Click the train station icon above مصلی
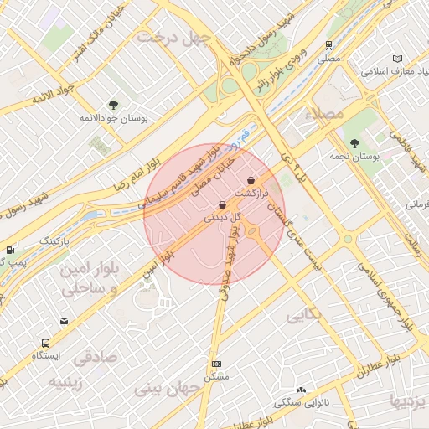click(329, 46)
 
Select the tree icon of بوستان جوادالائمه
click(113, 106)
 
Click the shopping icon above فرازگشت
click(251, 181)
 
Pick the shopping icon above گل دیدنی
click(221, 204)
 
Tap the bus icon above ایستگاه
click(45, 343)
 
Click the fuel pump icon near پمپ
click(9, 249)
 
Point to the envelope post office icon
click(65, 321)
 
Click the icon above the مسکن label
click(217, 364)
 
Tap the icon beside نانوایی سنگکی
click(300, 390)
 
